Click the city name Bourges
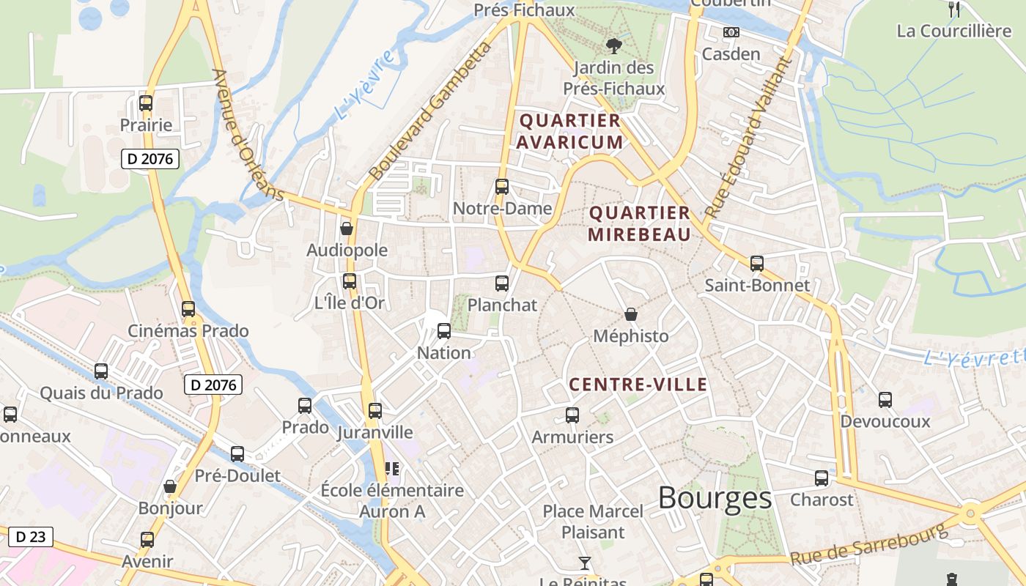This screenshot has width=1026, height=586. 715,498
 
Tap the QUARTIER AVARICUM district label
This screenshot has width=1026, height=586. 570,131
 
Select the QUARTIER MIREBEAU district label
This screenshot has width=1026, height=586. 639,223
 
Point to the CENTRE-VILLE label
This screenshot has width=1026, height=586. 638,385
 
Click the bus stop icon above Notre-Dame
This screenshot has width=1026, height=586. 502,187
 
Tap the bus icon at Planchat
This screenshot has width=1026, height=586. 502,283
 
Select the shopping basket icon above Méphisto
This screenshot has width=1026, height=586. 631,315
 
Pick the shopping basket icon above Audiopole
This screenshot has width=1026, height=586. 347,229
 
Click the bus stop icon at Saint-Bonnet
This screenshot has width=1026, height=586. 757,264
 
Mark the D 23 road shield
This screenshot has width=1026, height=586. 31,536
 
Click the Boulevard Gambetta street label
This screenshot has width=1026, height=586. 430,111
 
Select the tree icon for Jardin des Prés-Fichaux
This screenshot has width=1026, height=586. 613,46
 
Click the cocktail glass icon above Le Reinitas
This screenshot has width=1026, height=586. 584,563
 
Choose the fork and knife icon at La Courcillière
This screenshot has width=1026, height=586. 954,10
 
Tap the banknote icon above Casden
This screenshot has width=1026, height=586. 731,32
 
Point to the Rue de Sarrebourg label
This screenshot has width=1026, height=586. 868,546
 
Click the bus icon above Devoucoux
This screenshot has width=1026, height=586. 885,400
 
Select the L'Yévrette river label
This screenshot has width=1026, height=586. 973,357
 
